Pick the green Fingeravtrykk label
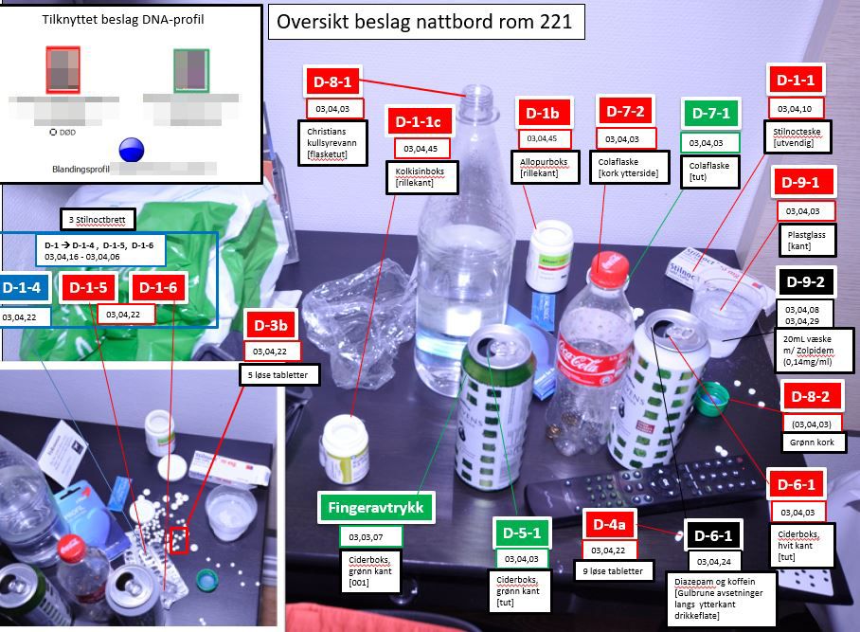(377, 508)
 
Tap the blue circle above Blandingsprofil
(131, 150)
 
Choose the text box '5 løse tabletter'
(278, 375)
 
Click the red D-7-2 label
(626, 110)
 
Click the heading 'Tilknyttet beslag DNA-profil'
(130, 19)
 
